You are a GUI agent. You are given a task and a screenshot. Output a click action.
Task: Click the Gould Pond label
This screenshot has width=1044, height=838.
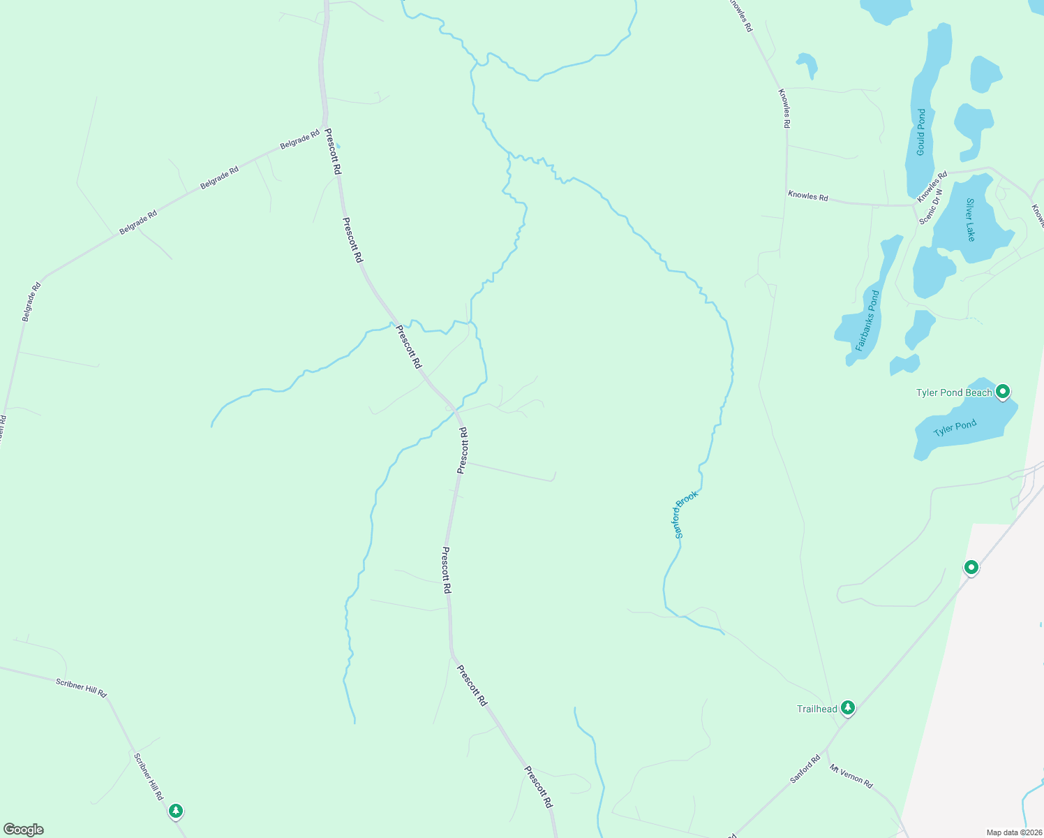coord(921,132)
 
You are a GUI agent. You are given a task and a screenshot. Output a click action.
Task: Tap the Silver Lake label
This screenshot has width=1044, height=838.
coord(970,220)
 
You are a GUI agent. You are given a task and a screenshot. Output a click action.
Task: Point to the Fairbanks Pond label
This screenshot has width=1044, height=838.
coord(867,321)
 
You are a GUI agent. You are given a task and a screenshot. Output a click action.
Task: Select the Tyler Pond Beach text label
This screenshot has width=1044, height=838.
coord(954,392)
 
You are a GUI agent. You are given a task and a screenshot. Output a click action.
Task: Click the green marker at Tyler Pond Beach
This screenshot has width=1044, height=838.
coord(1003,392)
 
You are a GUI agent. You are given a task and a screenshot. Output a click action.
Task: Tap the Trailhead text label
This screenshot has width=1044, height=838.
coord(817,709)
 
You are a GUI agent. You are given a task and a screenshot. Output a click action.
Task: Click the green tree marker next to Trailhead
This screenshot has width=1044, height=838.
coord(847,708)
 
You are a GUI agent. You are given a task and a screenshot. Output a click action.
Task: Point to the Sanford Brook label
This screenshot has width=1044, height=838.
coord(686,515)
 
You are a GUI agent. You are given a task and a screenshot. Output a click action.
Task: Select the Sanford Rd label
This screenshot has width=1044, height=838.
coord(805,769)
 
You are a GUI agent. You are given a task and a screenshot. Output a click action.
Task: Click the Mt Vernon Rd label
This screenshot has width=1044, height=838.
coord(851,777)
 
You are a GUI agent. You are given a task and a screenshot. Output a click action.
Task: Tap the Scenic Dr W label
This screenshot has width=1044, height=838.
coord(931,207)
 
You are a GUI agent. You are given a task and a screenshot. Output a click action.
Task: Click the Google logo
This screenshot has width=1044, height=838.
coord(24,830)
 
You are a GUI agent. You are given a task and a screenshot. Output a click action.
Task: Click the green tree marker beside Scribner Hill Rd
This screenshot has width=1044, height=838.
coord(177,811)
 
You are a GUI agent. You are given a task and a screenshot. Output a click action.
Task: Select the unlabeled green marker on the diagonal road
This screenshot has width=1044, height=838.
coord(971,567)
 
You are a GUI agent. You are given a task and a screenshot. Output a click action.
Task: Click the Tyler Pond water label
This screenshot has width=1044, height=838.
coord(955,428)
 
